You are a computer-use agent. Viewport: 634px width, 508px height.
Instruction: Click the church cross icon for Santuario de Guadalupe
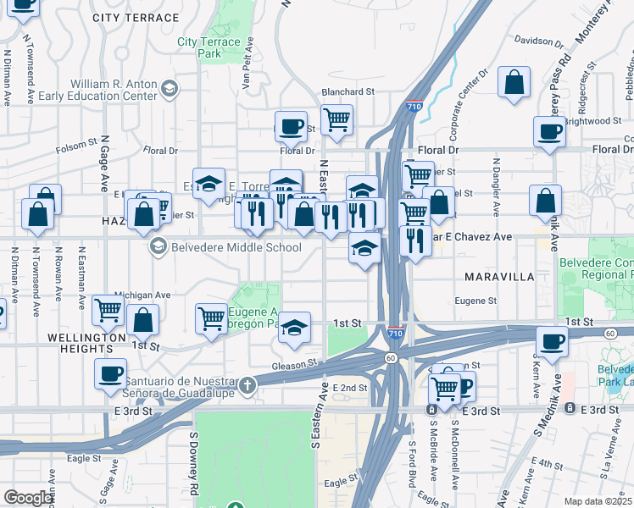pyautogui.click(x=247, y=385)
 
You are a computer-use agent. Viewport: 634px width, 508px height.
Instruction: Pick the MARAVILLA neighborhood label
pyautogui.click(x=498, y=277)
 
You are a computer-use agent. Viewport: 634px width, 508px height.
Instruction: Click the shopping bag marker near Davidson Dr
pyautogui.click(x=514, y=83)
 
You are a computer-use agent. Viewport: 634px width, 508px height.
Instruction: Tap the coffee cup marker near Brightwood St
pyautogui.click(x=549, y=131)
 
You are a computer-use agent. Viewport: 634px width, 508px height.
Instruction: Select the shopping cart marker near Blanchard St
pyautogui.click(x=336, y=119)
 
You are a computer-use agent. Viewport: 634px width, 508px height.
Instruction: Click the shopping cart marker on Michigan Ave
pyautogui.click(x=108, y=310)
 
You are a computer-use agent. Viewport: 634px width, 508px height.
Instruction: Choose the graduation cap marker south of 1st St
pyautogui.click(x=294, y=328)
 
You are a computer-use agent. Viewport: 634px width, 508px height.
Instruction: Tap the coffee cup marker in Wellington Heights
pyautogui.click(x=110, y=373)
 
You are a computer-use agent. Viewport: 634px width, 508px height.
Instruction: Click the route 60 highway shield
pyautogui.click(x=391, y=358)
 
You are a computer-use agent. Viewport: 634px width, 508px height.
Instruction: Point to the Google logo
pyautogui.click(x=28, y=498)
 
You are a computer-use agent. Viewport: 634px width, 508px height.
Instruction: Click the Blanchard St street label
pyautogui.click(x=347, y=91)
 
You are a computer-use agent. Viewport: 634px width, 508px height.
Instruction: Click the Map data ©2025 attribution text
pyautogui.click(x=598, y=501)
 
